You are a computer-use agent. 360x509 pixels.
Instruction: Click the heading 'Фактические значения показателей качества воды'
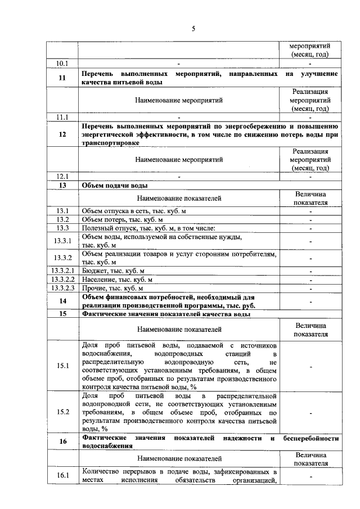click(166, 314)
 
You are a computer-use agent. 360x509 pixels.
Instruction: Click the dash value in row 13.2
click(310, 219)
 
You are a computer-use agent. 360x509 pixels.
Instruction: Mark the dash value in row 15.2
click(310, 412)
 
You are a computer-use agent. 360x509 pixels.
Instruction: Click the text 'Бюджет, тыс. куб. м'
click(113, 271)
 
